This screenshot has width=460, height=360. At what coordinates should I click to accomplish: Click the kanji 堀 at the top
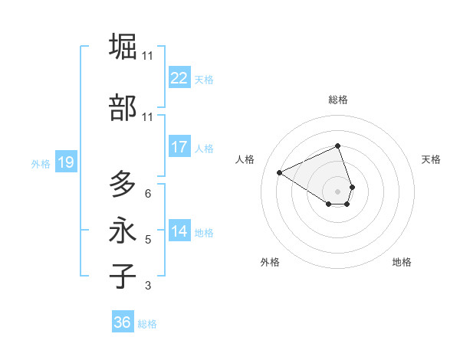(123, 47)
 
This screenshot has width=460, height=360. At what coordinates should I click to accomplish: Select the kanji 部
(123, 108)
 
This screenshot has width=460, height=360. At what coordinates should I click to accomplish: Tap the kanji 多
(123, 185)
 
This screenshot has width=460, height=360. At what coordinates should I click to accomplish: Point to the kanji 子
(123, 277)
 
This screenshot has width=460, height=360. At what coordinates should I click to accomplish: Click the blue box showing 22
(179, 78)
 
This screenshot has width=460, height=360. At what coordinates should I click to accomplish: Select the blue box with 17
(179, 147)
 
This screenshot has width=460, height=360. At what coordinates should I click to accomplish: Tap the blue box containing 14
(179, 231)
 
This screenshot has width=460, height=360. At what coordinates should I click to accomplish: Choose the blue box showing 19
(65, 162)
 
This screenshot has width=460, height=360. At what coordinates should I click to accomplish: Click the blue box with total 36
(123, 322)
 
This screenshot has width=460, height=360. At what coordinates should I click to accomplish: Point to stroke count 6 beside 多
(147, 194)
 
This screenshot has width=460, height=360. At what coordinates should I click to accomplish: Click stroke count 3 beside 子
(147, 286)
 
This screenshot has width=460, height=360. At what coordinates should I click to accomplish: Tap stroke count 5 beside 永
(147, 240)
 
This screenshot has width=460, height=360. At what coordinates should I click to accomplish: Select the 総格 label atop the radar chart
(338, 100)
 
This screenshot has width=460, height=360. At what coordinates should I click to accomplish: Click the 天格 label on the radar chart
(431, 159)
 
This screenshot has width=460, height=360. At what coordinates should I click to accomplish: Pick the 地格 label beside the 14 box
(204, 232)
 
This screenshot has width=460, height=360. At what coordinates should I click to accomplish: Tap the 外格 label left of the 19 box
(41, 163)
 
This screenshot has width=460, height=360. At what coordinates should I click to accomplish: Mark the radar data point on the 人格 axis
(280, 172)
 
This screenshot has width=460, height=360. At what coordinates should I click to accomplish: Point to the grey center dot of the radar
(338, 191)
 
